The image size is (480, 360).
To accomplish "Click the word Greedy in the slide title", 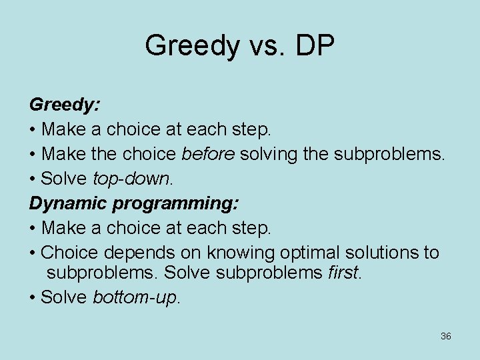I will tap(191, 46).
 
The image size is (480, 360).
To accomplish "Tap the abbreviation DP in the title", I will tap(313, 46).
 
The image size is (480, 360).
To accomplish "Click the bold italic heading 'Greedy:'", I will tap(64, 105).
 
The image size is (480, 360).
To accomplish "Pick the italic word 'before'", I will tap(208, 154).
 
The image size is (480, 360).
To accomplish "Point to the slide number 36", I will tap(446, 336).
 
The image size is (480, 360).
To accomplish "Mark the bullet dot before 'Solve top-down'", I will tap(33, 179).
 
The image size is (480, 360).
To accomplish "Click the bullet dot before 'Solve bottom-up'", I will tap(33, 297).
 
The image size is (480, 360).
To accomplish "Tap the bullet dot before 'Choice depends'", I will tap(33, 253).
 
